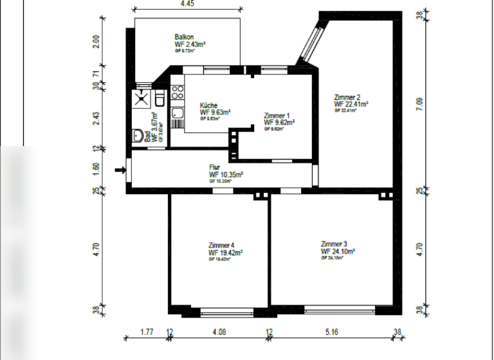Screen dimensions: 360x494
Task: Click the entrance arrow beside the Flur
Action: tap(120, 170)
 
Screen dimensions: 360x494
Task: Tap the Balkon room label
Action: tap(185, 37)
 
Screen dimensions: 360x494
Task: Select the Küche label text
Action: tap(208, 105)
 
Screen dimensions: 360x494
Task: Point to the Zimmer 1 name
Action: tap(277, 116)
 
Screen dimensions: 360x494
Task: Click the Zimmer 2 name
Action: tap(347, 97)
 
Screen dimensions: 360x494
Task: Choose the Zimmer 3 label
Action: tap(334, 244)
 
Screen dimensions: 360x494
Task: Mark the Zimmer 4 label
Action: tap(221, 246)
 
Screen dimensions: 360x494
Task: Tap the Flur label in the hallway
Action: tap(214, 167)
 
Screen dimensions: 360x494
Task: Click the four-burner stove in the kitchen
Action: tap(178, 92)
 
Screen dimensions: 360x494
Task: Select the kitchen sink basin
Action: tap(177, 114)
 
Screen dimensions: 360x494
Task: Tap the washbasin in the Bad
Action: tap(137, 136)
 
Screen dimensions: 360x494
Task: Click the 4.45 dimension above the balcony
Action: tap(187, 4)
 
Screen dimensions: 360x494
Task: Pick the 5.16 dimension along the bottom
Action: tap(331, 333)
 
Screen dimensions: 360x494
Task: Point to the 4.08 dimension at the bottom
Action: tap(219, 333)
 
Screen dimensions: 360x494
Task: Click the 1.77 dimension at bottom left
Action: tap(146, 333)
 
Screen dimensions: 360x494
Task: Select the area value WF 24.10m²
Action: tap(338, 252)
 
